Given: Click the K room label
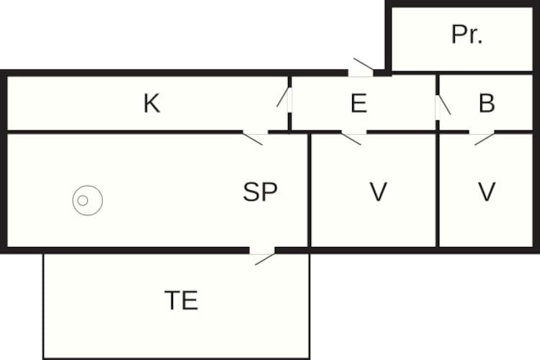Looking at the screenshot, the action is click(x=152, y=103).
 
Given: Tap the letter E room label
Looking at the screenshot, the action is click(x=359, y=103).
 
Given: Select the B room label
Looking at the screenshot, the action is click(x=487, y=103).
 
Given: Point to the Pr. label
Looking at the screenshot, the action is click(x=467, y=35).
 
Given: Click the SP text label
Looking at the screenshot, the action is click(x=260, y=192).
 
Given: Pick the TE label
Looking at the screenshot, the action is click(x=181, y=300).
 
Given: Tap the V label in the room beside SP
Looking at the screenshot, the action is click(x=378, y=192).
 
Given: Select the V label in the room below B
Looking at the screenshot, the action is click(x=487, y=192).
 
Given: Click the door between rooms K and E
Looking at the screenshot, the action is click(x=285, y=99).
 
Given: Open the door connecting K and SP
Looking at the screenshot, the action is click(x=255, y=138).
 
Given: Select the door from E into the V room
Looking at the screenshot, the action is click(x=354, y=138).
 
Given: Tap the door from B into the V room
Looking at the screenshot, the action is click(x=482, y=138).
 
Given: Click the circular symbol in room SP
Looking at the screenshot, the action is click(x=87, y=200).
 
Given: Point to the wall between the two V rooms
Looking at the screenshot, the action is click(x=437, y=190).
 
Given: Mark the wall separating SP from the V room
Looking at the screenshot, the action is click(x=309, y=190).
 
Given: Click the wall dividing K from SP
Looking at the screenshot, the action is click(x=125, y=132).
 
